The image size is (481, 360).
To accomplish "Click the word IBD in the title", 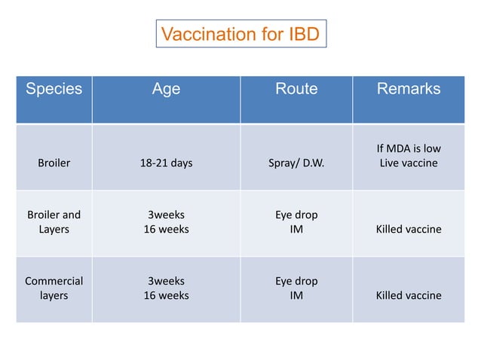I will click(303, 34).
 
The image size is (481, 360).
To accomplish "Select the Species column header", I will click(54, 89).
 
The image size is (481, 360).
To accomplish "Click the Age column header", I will click(166, 89).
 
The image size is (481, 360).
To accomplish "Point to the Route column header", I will click(296, 89).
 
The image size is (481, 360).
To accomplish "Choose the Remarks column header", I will click(408, 89).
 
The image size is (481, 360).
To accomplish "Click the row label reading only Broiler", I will click(54, 163).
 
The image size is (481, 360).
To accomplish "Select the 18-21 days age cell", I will click(166, 163).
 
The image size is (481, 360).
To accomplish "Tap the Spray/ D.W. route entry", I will click(296, 163).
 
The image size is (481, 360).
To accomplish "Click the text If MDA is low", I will click(408, 148).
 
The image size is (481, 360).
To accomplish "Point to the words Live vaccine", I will click(408, 163).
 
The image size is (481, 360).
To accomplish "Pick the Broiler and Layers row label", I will click(54, 221).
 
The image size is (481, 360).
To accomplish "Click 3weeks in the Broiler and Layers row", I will click(166, 215).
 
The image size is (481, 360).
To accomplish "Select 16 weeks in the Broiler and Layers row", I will click(166, 229).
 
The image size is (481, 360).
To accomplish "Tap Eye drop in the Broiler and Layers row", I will click(296, 215).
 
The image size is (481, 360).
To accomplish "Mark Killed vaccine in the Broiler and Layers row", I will click(408, 229).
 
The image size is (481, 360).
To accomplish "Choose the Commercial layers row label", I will click(54, 288).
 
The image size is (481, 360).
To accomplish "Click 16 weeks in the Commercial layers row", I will click(166, 295).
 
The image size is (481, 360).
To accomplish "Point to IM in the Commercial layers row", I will click(296, 295).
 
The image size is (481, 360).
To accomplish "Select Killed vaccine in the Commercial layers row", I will click(408, 295).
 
